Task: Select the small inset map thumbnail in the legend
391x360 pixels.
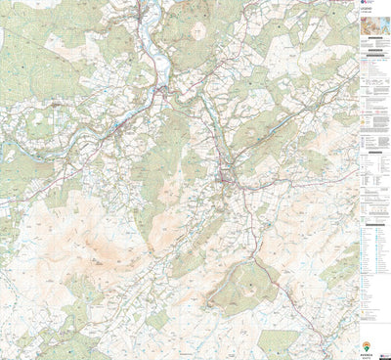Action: click(x=375, y=41)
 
